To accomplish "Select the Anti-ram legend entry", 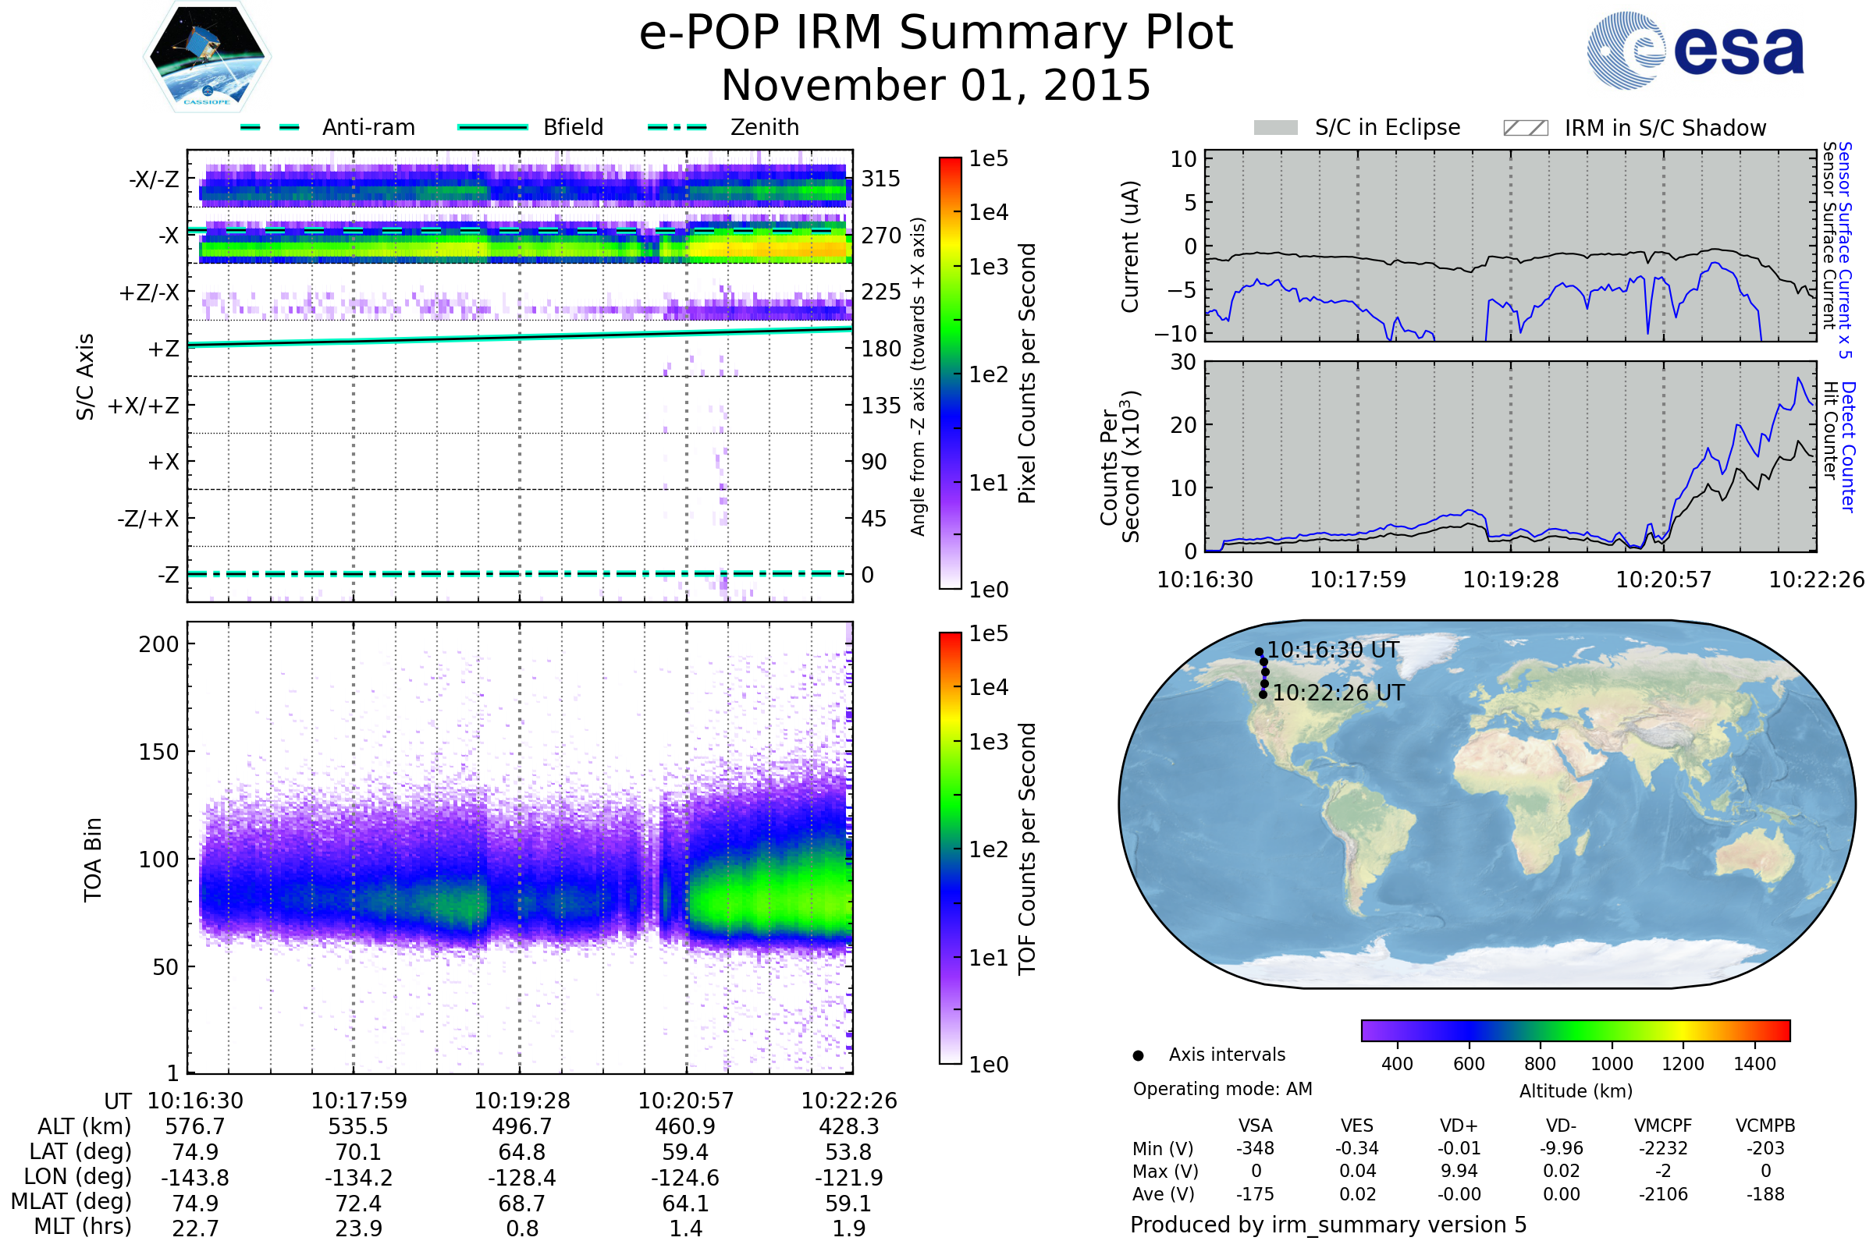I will [368, 127].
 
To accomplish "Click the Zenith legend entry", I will [764, 127].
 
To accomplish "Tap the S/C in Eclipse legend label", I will [1387, 127].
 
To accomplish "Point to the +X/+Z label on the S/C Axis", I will [144, 406].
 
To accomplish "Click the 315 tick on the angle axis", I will [880, 179].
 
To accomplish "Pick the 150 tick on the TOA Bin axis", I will [158, 752].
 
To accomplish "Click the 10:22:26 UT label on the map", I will [1338, 693].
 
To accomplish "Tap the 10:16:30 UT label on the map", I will [1332, 651].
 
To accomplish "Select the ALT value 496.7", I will [521, 1127].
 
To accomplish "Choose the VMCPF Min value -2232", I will [1663, 1148].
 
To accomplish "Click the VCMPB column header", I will [1765, 1126].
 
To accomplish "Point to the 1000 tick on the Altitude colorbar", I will [1611, 1064].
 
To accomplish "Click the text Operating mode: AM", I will [1221, 1089].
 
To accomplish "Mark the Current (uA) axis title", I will [1130, 246].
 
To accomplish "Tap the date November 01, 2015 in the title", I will [936, 85].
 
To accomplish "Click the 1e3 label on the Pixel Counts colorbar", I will [988, 268].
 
